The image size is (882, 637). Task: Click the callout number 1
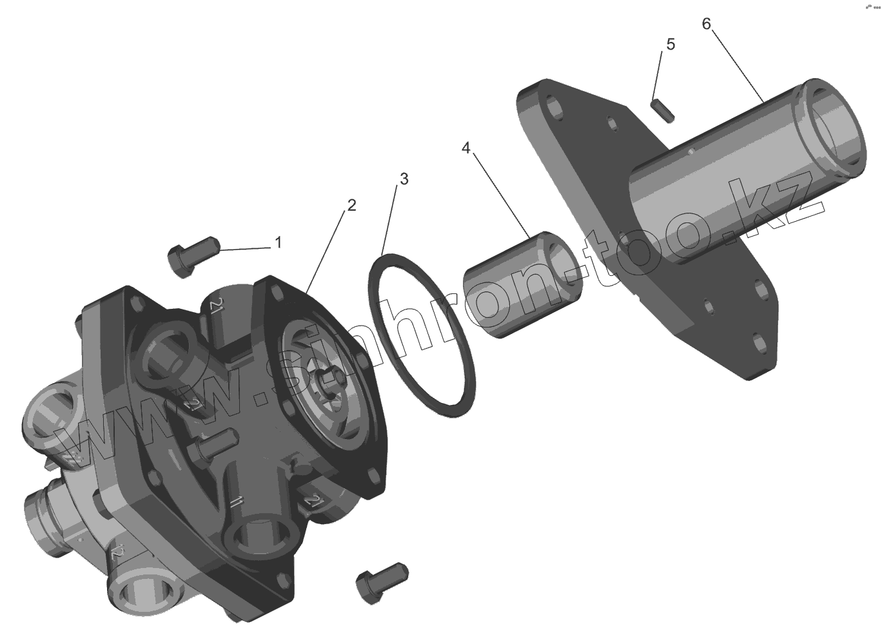tap(278, 242)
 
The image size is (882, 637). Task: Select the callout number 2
tap(351, 206)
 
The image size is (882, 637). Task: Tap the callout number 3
tap(404, 179)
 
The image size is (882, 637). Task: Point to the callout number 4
tap(466, 148)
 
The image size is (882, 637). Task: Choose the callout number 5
tap(671, 44)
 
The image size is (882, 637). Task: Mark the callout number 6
tap(706, 24)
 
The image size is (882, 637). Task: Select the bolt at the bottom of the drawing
tap(381, 580)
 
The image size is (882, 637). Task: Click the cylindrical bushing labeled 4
tap(520, 284)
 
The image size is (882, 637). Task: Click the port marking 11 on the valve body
tap(236, 502)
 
